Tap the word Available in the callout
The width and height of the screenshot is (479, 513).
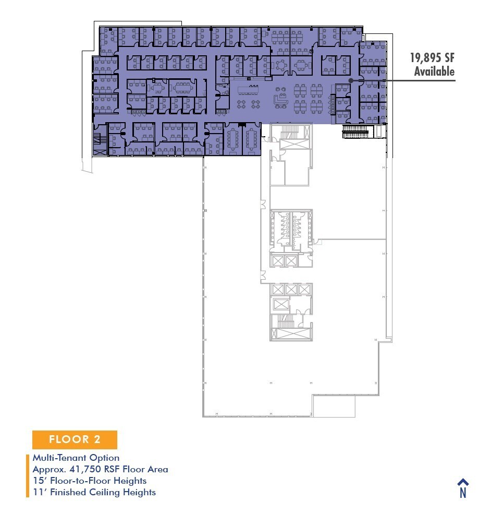coord(434,72)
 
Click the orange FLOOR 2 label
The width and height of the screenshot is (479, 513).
coord(75,439)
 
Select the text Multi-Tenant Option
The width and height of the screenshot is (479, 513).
coord(76,458)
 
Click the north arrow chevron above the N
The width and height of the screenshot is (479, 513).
coord(462,482)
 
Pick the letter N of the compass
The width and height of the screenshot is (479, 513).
coord(462,493)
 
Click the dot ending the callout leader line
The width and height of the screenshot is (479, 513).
coord(351,81)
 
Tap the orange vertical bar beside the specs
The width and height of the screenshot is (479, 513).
coord(28,475)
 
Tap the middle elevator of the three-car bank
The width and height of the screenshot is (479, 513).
coord(291,289)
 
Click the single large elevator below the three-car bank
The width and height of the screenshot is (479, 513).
coord(281,304)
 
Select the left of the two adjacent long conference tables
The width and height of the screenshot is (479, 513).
coord(232,138)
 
